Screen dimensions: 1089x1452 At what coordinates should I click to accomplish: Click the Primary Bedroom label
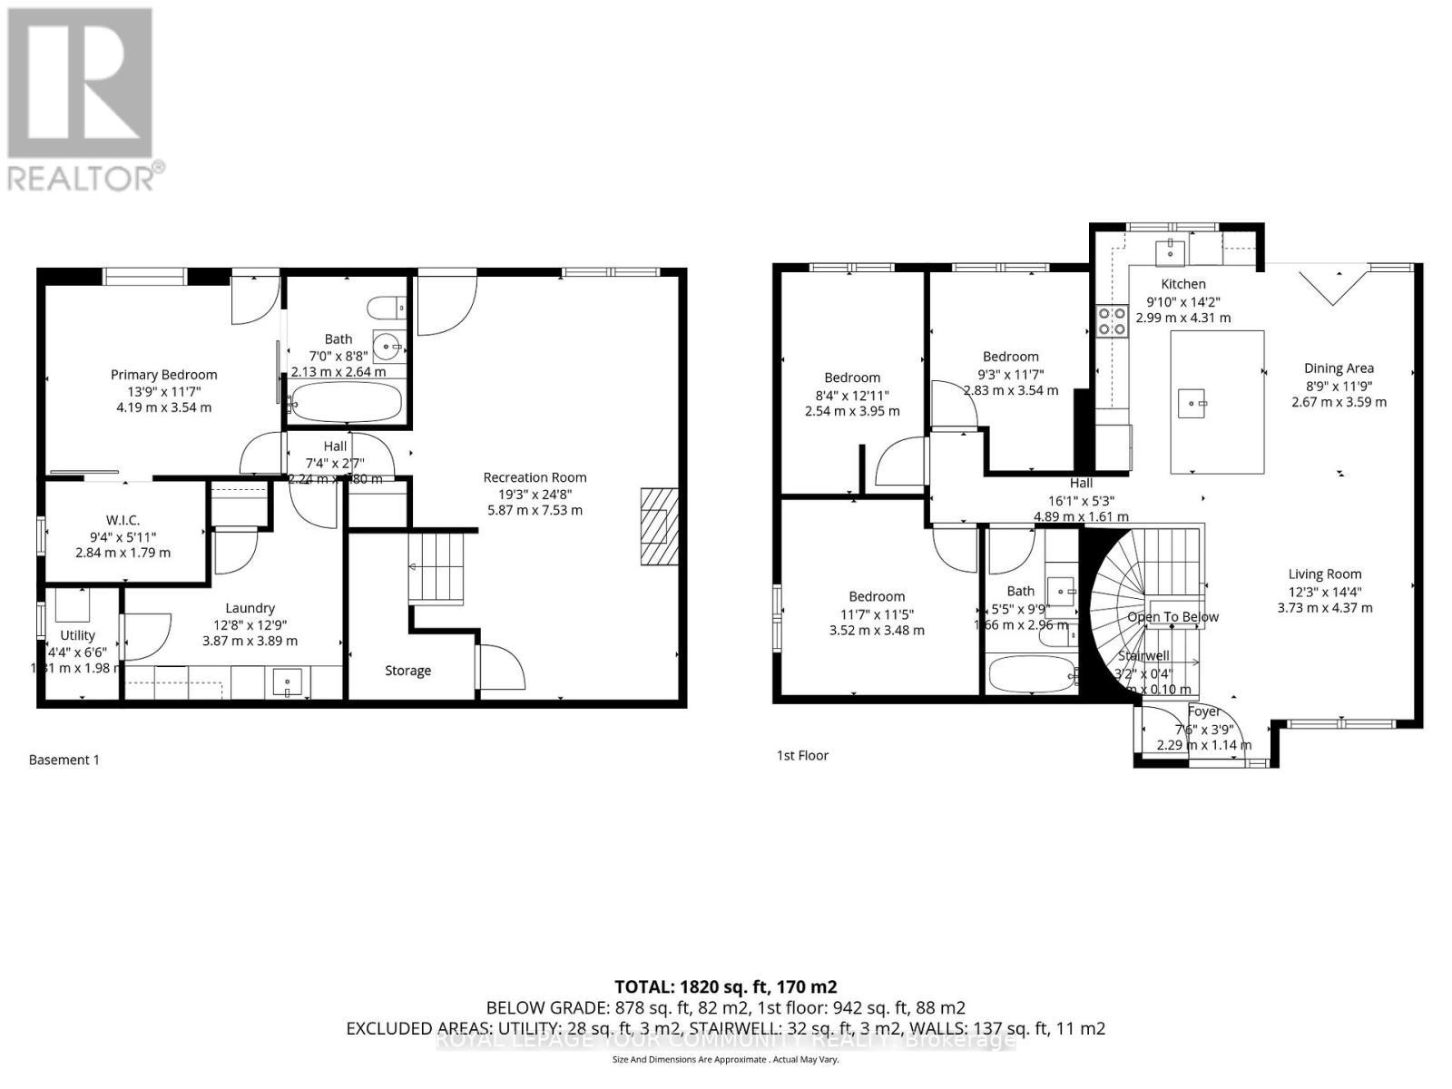(x=163, y=374)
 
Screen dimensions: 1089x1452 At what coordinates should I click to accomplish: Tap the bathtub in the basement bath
(x=346, y=402)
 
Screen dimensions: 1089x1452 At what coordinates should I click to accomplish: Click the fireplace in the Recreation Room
(x=660, y=527)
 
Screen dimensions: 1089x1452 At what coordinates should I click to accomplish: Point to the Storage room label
(x=407, y=671)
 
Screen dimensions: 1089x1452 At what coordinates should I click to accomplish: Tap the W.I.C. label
(x=123, y=520)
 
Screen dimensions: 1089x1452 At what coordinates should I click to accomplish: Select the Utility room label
(x=77, y=635)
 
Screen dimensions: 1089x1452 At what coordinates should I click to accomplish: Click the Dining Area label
(x=1339, y=368)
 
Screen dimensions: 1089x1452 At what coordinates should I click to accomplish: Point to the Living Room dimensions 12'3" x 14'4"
(x=1324, y=591)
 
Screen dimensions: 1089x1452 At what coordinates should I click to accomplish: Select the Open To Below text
(x=1172, y=617)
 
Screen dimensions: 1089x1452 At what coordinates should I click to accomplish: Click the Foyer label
(x=1203, y=711)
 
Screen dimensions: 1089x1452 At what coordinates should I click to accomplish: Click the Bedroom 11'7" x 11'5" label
(x=877, y=596)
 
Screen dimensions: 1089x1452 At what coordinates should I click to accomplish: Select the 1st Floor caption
(x=802, y=755)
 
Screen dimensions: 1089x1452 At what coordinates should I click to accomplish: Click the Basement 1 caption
(x=64, y=760)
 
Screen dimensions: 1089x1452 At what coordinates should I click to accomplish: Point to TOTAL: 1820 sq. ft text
(x=725, y=986)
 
